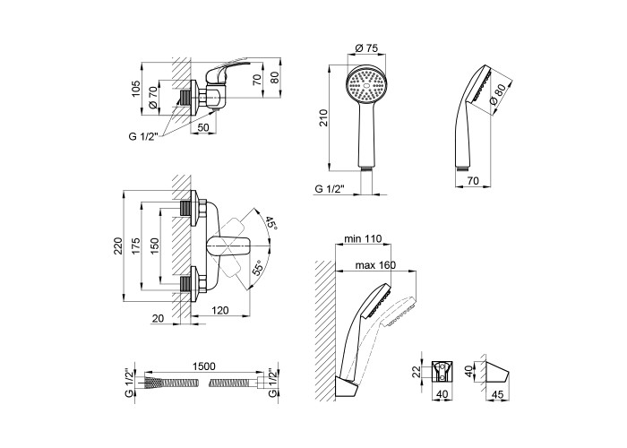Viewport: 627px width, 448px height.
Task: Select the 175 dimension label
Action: (135, 247)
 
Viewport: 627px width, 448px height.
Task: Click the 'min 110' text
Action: (362, 240)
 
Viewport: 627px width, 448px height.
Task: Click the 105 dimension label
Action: (135, 88)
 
